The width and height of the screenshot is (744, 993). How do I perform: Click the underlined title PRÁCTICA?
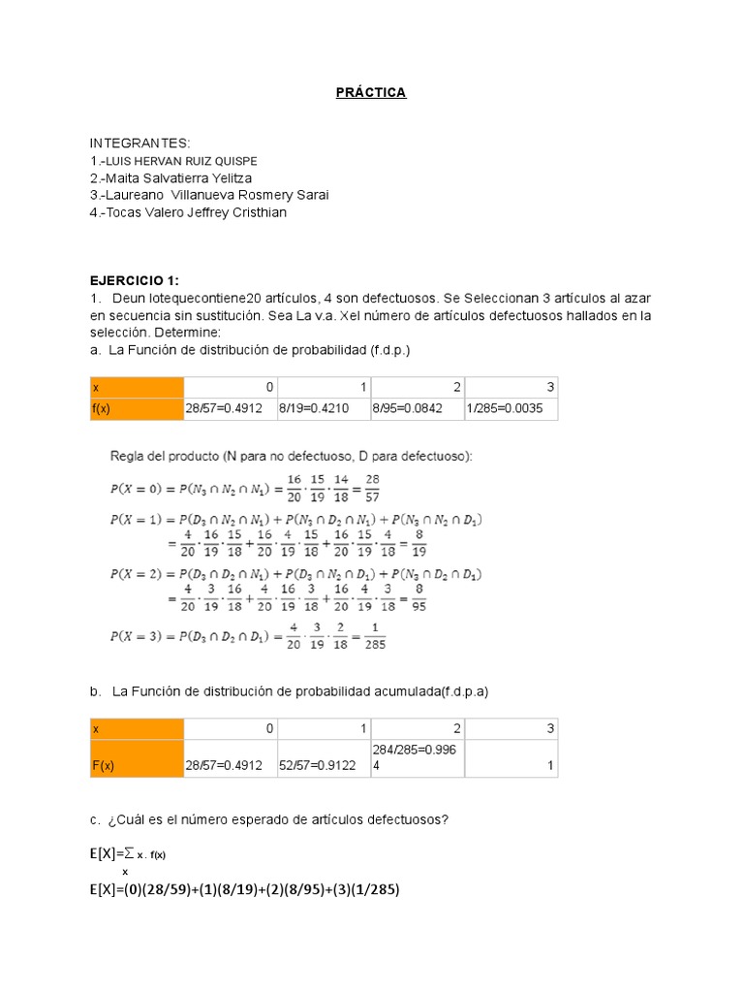(x=371, y=92)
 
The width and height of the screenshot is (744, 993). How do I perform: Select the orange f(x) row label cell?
(x=135, y=408)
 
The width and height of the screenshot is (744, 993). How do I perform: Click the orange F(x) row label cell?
(x=135, y=765)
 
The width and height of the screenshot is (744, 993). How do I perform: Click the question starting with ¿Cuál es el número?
(x=267, y=819)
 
